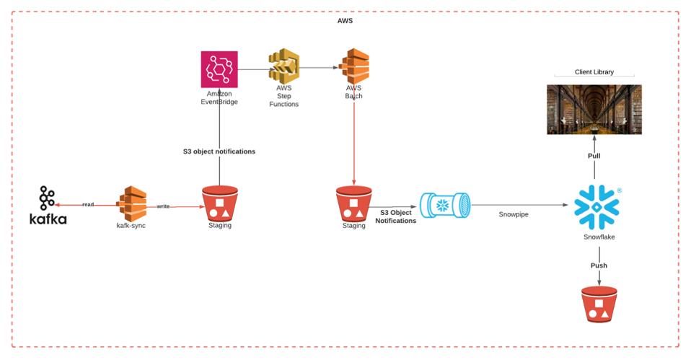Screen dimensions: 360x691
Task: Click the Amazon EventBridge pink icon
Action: point(219,70)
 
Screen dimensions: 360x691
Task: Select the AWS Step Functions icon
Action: point(283,68)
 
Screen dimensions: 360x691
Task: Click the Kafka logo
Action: point(48,206)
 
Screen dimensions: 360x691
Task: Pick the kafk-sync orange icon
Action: point(131,204)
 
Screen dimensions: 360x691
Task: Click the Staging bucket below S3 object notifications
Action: point(219,204)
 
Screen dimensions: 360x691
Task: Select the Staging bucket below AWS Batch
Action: point(353,204)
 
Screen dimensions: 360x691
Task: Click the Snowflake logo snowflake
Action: point(596,206)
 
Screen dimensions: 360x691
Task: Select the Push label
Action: point(599,265)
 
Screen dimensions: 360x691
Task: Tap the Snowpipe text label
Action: point(513,214)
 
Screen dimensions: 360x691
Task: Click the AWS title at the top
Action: point(345,21)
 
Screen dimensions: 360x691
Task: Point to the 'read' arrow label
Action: point(87,205)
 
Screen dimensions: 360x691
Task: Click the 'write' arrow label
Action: point(164,206)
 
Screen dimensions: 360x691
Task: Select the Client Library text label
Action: point(594,72)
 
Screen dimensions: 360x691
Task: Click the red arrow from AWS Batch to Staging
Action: point(353,137)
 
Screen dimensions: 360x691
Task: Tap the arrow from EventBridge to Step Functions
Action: point(252,69)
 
